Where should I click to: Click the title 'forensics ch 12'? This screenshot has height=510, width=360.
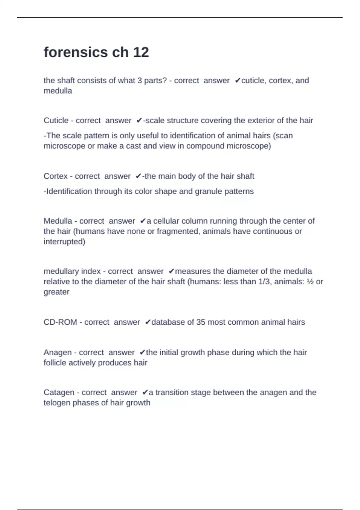pos(96,52)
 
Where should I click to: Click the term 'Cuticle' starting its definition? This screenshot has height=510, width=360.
pos(56,120)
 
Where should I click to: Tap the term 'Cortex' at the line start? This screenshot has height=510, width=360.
pos(55,176)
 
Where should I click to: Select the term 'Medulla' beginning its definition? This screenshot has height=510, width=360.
pos(58,221)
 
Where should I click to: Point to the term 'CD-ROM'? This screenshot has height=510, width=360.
pos(60,322)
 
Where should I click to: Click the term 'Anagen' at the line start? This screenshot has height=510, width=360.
pos(58,352)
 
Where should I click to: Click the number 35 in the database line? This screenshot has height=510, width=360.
pos(201,322)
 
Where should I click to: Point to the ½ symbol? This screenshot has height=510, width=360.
pos(310,282)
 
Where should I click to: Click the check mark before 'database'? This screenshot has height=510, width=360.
pos(147,322)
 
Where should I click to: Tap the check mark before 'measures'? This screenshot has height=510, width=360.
pos(171,271)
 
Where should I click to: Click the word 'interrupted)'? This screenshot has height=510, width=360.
pos(64,241)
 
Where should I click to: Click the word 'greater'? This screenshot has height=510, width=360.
pos(56,292)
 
